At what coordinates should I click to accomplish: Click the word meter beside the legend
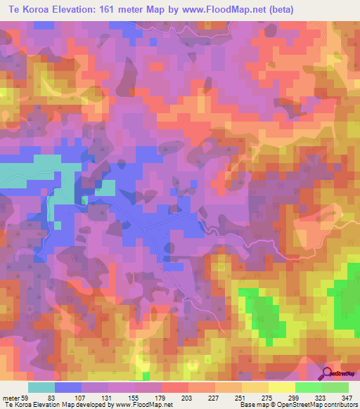11,396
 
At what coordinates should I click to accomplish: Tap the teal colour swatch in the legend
41,387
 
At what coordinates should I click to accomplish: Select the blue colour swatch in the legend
68,387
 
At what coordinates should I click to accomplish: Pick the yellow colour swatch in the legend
282,387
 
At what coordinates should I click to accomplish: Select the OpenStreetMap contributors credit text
314,405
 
